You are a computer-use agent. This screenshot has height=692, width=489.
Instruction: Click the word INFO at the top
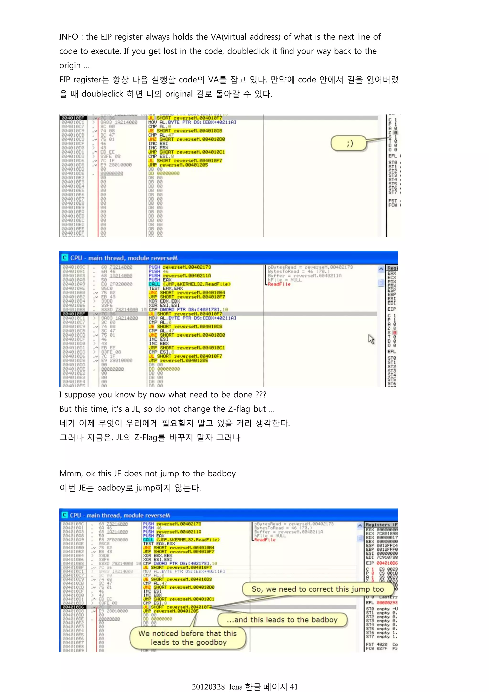[68, 37]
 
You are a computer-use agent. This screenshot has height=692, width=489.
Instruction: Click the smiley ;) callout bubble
[349, 143]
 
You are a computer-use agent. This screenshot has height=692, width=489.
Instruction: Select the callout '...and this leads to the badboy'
[282, 620]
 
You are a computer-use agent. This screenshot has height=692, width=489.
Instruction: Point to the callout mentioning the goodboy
[188, 638]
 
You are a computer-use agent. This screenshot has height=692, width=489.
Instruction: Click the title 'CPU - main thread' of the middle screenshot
[123, 258]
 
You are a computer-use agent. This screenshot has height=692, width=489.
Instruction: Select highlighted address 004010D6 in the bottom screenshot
[74, 607]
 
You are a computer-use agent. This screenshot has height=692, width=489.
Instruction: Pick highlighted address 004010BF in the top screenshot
[73, 118]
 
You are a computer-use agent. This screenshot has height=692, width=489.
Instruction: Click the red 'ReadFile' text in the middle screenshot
[279, 284]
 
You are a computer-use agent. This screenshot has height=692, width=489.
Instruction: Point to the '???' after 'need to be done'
[261, 395]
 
